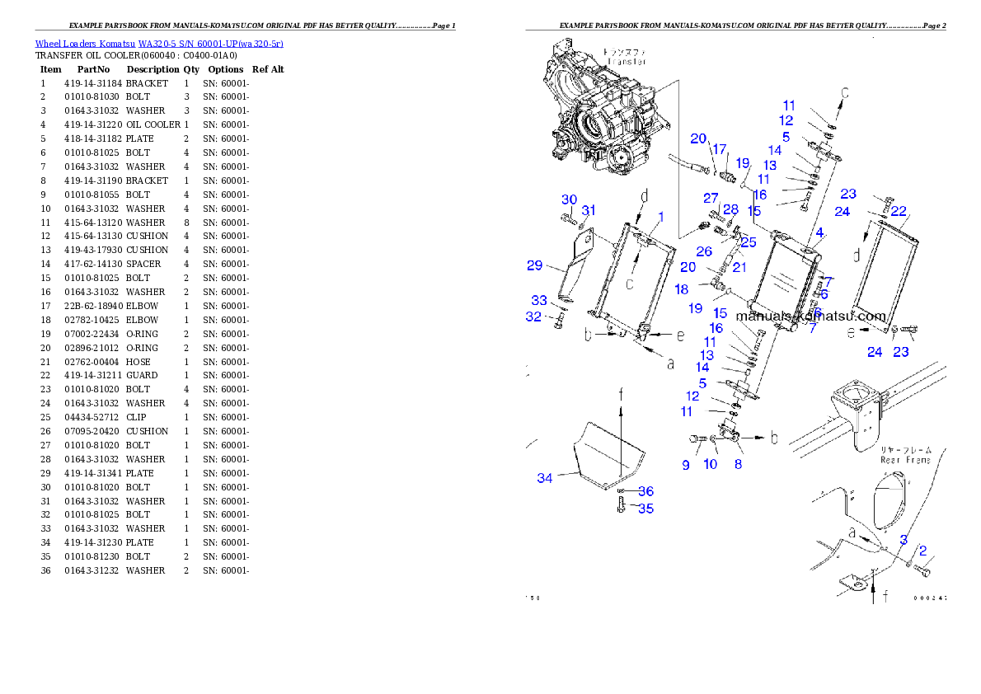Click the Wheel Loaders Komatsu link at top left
(158, 44)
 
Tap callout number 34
(545, 478)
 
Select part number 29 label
(535, 265)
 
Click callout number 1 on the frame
(659, 217)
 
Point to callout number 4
(819, 233)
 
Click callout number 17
(720, 149)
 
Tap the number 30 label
(569, 199)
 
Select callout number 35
(645, 509)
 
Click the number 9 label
(685, 465)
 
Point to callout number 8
(738, 465)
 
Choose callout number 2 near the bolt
(922, 551)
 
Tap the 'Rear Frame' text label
(906, 455)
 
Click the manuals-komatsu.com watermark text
(810, 316)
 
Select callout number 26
(703, 251)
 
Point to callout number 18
(681, 289)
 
